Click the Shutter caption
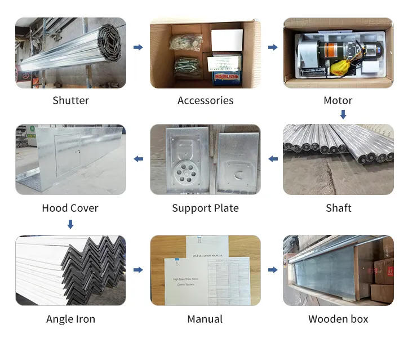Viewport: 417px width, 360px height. tap(70, 101)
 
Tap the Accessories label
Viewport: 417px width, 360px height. tap(205, 101)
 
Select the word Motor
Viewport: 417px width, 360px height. tap(338, 101)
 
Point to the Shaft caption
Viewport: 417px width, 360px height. tap(338, 208)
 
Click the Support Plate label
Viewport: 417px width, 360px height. tap(205, 208)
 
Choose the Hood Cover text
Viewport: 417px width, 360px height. tap(70, 208)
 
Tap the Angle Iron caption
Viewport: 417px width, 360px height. tap(70, 319)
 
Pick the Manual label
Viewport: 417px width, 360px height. tap(205, 319)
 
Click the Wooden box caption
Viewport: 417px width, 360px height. tap(338, 319)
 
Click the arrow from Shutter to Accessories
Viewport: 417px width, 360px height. tap(138, 47)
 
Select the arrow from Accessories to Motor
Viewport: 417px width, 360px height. tap(273, 47)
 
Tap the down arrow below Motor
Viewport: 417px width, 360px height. tap(343, 114)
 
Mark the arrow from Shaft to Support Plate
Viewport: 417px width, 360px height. tap(273, 159)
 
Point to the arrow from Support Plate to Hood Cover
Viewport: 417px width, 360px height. tap(138, 159)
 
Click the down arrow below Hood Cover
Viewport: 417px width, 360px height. tap(70, 225)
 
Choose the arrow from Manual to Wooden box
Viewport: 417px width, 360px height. tap(273, 270)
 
